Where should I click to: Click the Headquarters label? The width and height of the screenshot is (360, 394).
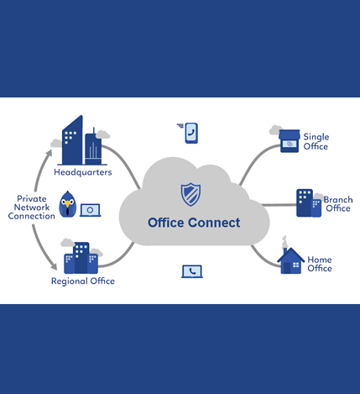point(82,172)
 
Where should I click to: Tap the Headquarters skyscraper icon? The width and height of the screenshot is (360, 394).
point(82,141)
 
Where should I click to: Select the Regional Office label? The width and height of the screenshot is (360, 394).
point(82,281)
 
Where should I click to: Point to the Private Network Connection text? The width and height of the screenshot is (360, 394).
point(31,208)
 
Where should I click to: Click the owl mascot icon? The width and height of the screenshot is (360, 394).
point(67,204)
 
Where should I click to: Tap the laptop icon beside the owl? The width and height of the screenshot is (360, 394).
point(90,210)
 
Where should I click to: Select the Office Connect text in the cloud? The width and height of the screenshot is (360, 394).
point(194,223)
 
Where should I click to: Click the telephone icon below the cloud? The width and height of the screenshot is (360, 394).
point(192,271)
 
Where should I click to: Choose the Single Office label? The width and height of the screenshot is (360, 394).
point(316,142)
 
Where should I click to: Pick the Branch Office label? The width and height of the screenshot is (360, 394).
point(337,204)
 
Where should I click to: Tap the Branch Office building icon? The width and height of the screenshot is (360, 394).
point(308,202)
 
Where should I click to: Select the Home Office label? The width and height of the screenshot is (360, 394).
point(319,264)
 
